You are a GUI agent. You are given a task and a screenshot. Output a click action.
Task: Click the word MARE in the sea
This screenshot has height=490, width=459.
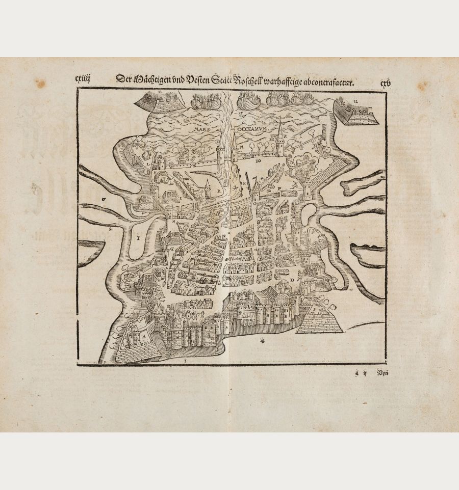(x=202, y=129)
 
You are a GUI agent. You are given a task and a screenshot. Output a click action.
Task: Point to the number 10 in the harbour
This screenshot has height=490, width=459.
(x=258, y=160)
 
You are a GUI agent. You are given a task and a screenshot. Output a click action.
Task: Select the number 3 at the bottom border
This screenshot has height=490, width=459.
(x=186, y=360)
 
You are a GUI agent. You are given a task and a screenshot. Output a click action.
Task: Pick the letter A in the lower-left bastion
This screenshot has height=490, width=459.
(x=144, y=337)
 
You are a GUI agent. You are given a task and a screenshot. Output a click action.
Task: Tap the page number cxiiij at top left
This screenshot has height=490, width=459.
(x=82, y=79)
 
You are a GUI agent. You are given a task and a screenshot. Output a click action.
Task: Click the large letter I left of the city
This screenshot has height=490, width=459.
(x=138, y=237)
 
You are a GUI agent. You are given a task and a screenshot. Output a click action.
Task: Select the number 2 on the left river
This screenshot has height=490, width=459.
(x=110, y=229)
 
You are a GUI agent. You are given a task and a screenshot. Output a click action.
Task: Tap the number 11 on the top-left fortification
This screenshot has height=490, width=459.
(x=160, y=92)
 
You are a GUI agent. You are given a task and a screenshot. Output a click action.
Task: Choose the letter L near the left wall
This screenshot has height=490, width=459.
(x=148, y=165)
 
